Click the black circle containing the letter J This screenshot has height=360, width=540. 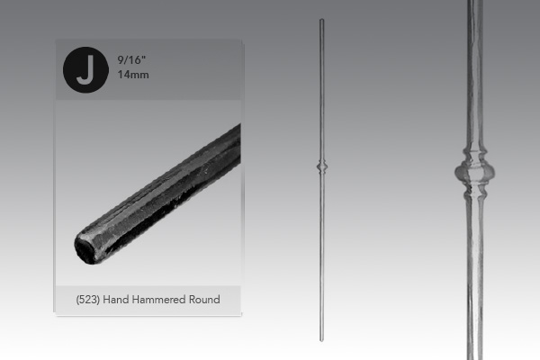click(x=84, y=70)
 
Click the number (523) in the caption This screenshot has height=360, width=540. click(x=93, y=299)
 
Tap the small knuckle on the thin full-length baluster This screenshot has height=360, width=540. click(x=321, y=167)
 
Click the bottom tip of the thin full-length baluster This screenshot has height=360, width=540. click(x=321, y=340)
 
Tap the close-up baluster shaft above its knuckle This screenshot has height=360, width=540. click(x=474, y=72)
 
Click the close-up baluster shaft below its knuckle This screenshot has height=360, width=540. click(x=474, y=279)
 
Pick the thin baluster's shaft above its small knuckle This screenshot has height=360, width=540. click(x=321, y=90)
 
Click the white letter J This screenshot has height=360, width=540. click(x=84, y=70)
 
